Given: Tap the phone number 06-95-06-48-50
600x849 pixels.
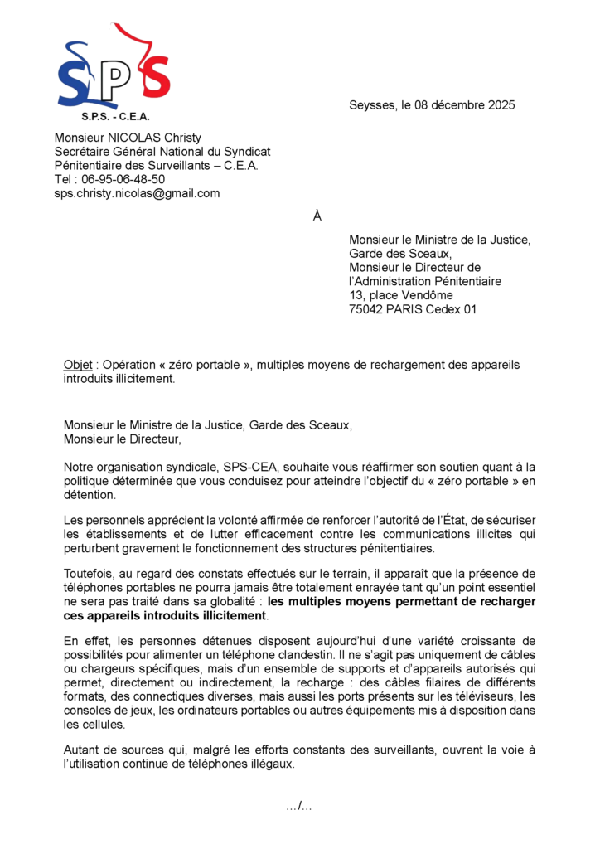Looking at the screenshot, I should (x=123, y=179).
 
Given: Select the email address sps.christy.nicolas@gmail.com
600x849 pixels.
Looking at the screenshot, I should (x=137, y=193).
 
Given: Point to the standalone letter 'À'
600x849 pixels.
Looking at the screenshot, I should (x=317, y=217).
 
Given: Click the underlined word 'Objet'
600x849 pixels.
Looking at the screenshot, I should (x=78, y=365).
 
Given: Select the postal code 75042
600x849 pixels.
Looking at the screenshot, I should (x=367, y=310).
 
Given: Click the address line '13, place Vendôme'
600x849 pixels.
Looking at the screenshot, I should (x=401, y=296).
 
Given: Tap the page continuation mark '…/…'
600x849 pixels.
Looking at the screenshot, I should (x=299, y=806).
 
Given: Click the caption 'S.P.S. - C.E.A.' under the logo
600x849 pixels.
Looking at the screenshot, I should (x=115, y=117).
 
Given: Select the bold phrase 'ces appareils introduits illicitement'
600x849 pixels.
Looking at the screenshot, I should (x=165, y=616).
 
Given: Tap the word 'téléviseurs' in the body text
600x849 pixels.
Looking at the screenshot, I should (x=467, y=696).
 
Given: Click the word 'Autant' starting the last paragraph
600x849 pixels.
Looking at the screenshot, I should (x=81, y=750).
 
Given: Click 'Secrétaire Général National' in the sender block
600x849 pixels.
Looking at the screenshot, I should (x=129, y=152).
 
